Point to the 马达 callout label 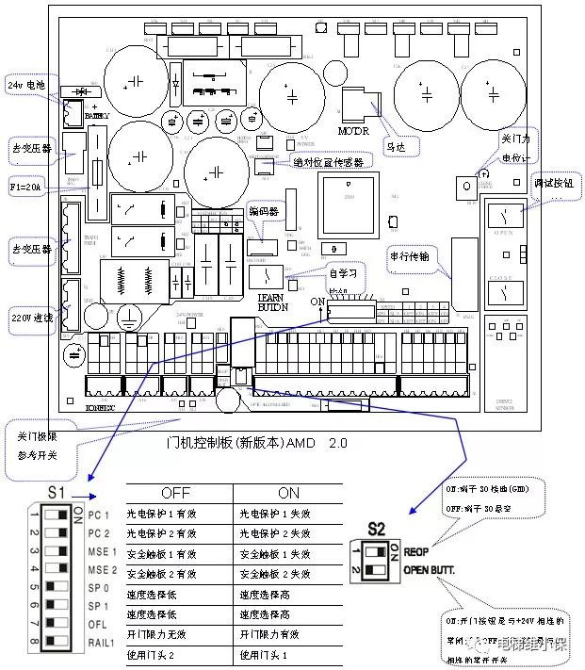(x=397, y=147)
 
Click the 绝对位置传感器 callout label (x=327, y=161)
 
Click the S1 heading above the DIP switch (x=57, y=493)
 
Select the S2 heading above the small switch (x=377, y=528)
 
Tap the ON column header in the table (x=288, y=493)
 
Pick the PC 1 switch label (x=99, y=515)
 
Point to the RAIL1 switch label (x=102, y=643)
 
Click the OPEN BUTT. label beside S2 (x=430, y=570)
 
